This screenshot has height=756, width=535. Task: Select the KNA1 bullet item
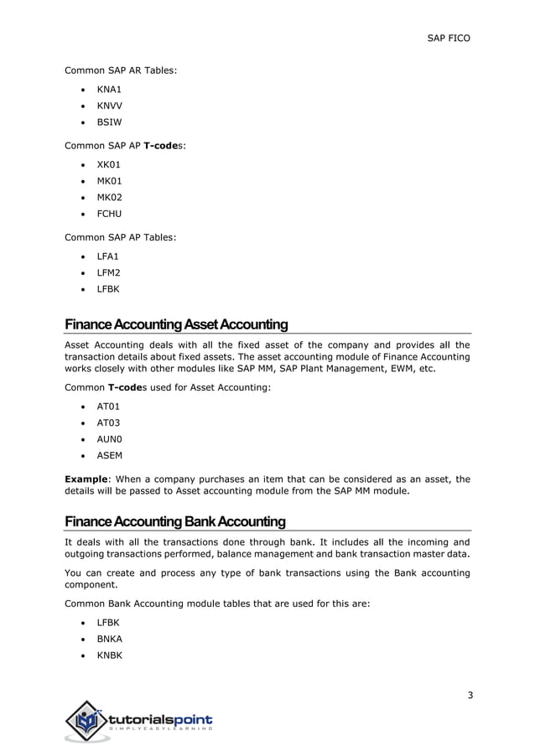(109, 88)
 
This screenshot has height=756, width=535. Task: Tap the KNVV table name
(110, 105)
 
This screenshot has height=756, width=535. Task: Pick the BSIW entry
(109, 122)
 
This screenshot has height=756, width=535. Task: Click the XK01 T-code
(109, 164)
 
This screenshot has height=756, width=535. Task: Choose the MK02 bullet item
(109, 197)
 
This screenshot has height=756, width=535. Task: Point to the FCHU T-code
(109, 214)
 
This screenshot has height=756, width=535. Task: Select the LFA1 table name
(108, 256)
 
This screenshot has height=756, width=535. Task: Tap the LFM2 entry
(108, 273)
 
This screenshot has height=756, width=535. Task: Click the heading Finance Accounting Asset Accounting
(176, 324)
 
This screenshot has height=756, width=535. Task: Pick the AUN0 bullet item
(109, 439)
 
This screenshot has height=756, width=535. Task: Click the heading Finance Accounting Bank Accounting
(175, 522)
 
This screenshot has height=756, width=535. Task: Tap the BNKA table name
(109, 639)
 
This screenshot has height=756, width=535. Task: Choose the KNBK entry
(109, 655)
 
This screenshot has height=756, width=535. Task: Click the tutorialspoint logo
(139, 721)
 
